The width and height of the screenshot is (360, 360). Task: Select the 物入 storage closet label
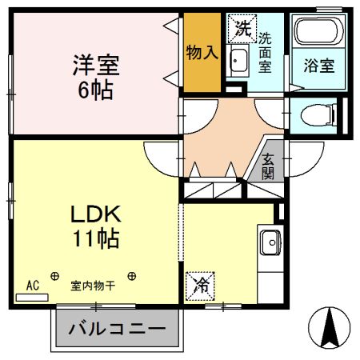(x=201, y=54)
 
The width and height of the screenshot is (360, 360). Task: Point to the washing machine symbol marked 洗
(x=242, y=30)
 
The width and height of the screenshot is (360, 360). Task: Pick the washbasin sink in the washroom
(x=239, y=59)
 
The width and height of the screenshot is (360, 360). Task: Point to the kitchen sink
(x=270, y=241)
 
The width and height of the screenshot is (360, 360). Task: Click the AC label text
(x=32, y=284)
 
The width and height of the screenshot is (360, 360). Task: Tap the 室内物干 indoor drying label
(x=92, y=285)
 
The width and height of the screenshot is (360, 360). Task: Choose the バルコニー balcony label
(x=118, y=329)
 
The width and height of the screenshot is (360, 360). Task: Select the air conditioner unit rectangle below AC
(x=32, y=296)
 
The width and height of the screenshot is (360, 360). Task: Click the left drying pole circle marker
(x=54, y=277)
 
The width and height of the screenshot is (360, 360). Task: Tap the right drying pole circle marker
(x=131, y=277)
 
